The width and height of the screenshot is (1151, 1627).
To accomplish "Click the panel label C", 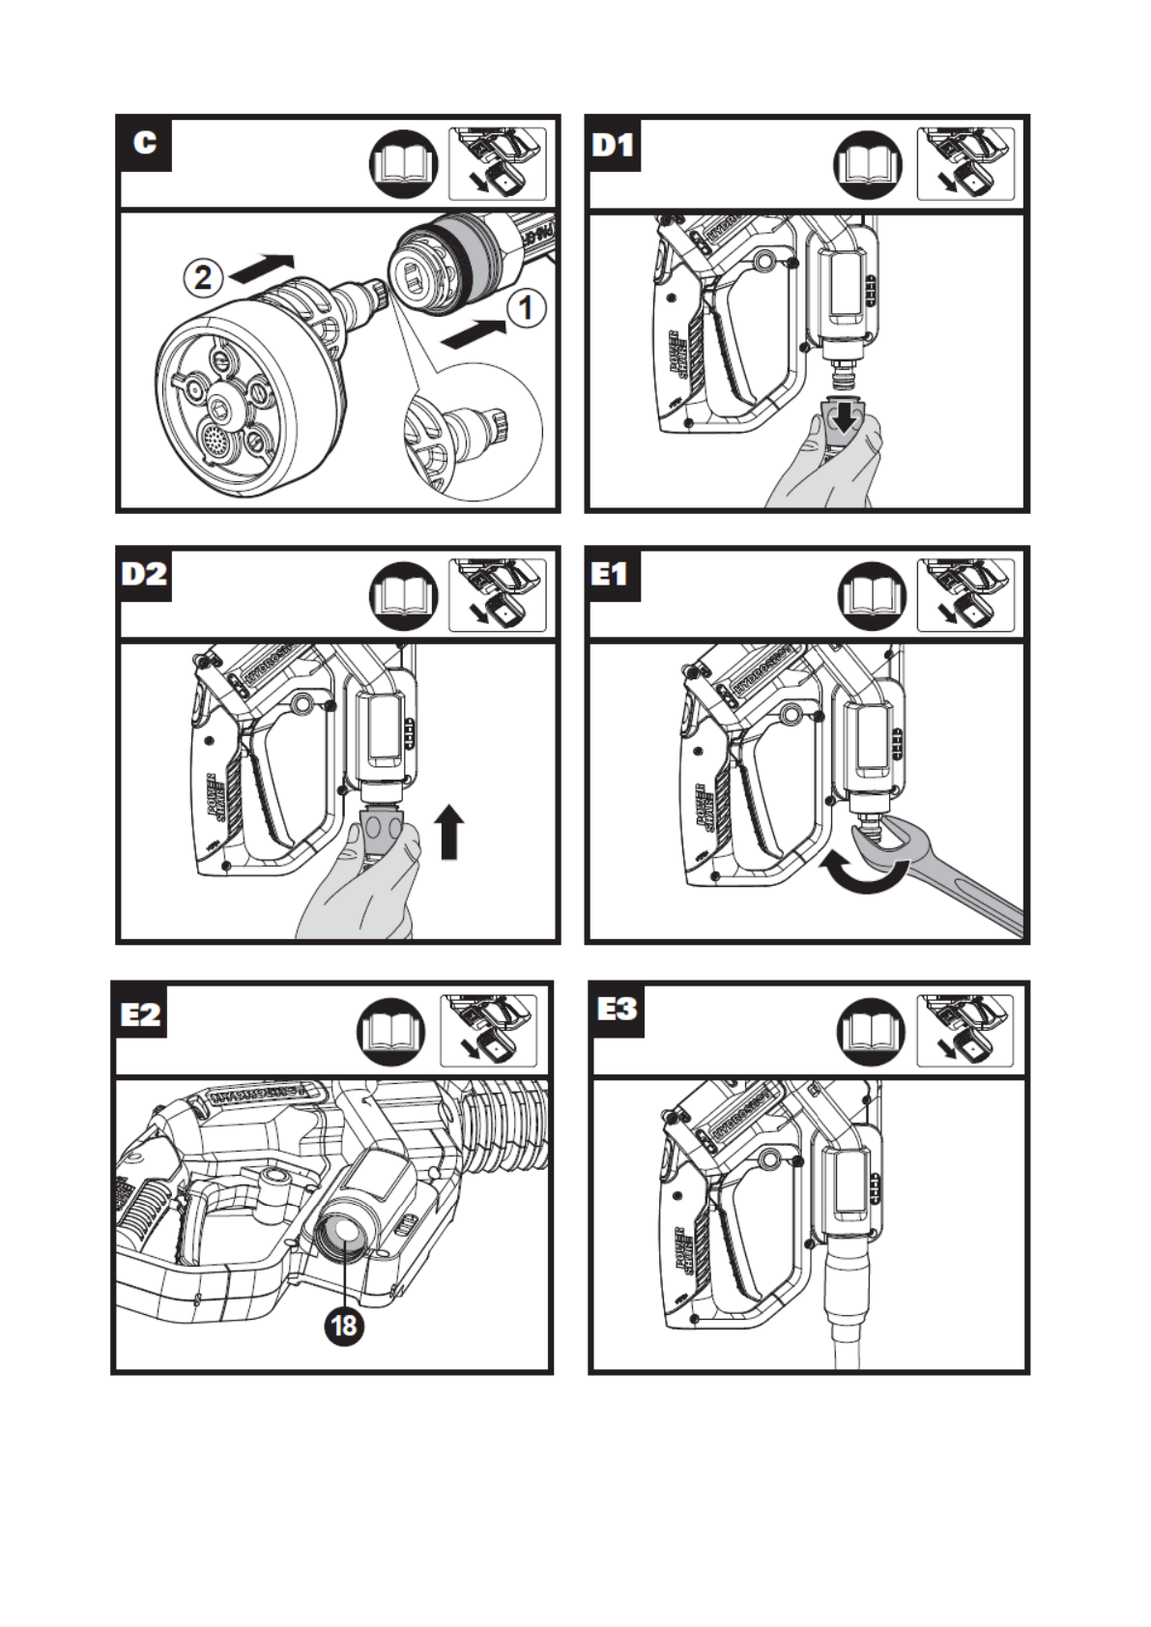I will click(x=145, y=143).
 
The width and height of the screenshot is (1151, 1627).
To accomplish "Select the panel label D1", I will click(x=613, y=144).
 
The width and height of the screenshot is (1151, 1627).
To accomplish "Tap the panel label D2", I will click(x=144, y=574).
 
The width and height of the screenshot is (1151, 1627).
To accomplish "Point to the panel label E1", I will click(x=612, y=574).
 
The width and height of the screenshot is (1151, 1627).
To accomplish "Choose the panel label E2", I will click(x=140, y=1013).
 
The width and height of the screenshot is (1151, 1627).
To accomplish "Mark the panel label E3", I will click(x=617, y=1010).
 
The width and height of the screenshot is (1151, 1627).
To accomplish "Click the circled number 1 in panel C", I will click(x=526, y=308).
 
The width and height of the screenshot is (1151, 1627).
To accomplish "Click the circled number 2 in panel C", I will click(x=203, y=278).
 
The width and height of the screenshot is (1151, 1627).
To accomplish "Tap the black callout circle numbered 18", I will click(x=344, y=1325).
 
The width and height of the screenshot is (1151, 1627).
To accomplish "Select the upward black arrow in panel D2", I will click(x=449, y=831).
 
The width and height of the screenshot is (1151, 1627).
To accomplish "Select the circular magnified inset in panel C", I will click(x=471, y=432).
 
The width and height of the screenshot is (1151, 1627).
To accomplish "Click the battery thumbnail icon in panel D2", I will click(x=497, y=595).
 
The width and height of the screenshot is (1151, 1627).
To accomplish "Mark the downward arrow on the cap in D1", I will click(x=848, y=416).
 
